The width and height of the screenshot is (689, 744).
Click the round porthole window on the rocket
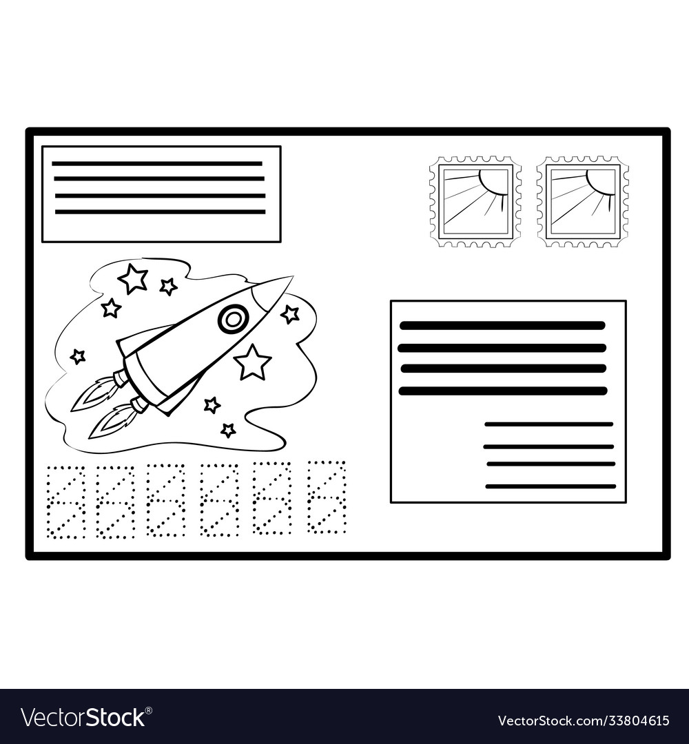(x=232, y=320)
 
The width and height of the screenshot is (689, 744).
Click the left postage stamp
(x=475, y=201)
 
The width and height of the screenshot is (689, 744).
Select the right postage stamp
(x=583, y=201)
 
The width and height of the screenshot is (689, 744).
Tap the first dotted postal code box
(x=66, y=502)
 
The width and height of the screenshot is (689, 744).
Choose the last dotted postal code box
(x=327, y=497)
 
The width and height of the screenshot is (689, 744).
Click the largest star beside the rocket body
(x=253, y=362)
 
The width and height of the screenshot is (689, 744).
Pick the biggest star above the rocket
(x=133, y=278)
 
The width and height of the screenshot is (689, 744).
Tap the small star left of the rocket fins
(x=77, y=355)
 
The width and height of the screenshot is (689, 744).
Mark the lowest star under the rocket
(x=228, y=430)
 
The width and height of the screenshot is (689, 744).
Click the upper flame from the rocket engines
(x=95, y=393)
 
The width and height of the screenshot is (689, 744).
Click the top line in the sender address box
(x=157, y=163)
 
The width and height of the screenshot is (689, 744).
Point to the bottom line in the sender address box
(x=161, y=211)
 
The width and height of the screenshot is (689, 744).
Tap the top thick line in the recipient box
(x=502, y=325)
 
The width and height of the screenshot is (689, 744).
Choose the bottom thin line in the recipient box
(x=551, y=486)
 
